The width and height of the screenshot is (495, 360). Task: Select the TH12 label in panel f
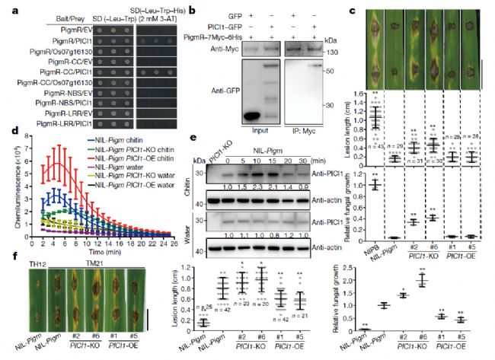coord(14,266)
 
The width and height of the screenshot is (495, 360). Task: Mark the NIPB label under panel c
coord(352,247)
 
